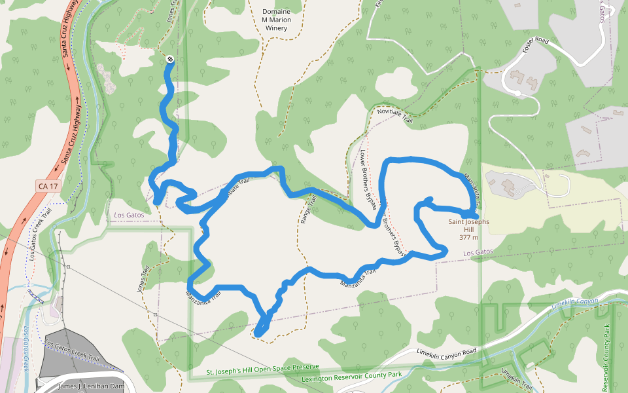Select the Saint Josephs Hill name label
click(468, 226)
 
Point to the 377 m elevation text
click(468, 238)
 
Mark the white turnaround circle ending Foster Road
click(517, 94)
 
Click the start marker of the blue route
click(170, 60)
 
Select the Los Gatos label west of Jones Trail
click(128, 215)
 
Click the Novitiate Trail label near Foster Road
click(396, 116)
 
